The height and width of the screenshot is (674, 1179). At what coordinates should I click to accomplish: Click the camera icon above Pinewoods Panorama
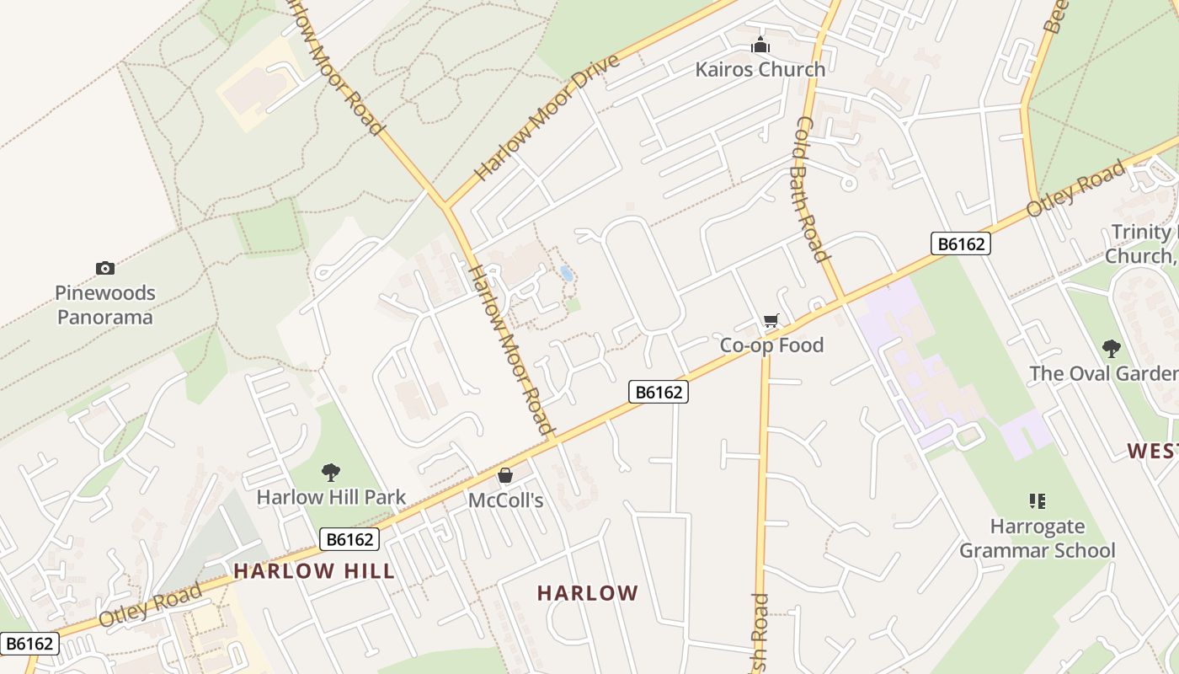point(105,268)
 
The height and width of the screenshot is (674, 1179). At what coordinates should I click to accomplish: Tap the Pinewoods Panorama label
point(105,305)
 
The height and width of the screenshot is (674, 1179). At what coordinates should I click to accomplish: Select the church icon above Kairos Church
point(760,45)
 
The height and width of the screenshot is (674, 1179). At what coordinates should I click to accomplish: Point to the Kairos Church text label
point(760,69)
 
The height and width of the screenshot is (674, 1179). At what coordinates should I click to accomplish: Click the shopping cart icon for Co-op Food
point(771,320)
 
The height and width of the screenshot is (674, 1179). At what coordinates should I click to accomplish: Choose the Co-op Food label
point(771,345)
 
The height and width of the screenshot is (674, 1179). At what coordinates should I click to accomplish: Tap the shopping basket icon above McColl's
point(505,476)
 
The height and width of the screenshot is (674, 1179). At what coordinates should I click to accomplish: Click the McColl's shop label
point(505,500)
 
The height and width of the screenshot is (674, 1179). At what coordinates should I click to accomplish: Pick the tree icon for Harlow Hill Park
point(331,473)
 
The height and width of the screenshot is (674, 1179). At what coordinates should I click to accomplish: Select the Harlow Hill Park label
point(331,497)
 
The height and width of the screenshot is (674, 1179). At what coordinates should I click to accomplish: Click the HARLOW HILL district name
point(314,570)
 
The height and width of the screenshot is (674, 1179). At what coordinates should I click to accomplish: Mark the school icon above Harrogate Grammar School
point(1038,501)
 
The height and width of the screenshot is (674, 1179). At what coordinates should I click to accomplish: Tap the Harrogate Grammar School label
point(1038,538)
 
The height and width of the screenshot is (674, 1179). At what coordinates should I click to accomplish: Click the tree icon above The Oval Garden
point(1112,348)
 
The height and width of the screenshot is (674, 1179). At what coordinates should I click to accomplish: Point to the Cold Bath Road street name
point(809,189)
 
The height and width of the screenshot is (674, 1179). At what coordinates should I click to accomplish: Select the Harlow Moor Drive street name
point(547,117)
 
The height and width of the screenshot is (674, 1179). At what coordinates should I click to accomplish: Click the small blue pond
point(567,274)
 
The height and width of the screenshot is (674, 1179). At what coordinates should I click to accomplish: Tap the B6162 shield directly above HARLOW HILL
point(349,539)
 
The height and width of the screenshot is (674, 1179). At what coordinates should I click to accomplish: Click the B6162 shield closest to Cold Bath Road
point(961,243)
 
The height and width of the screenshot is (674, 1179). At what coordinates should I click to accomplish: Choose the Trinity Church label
point(1142,243)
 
